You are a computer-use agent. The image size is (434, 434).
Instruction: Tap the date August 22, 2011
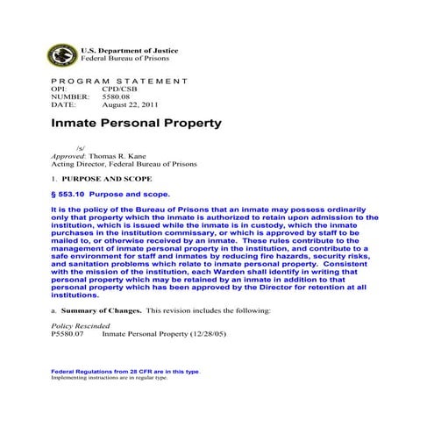click(132, 103)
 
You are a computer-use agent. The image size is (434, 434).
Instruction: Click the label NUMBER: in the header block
click(68, 96)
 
